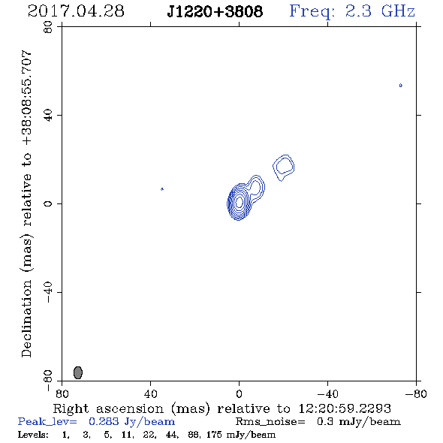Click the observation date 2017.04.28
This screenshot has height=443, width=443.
(76, 11)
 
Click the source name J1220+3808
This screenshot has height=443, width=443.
(215, 11)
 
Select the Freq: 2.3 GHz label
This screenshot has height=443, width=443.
(352, 11)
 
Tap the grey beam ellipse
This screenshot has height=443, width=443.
(78, 372)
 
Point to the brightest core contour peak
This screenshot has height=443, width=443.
(240, 202)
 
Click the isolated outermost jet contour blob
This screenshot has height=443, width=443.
(284, 167)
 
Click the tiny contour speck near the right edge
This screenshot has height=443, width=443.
(401, 86)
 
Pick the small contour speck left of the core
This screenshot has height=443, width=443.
(162, 189)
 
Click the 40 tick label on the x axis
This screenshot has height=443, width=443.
(150, 393)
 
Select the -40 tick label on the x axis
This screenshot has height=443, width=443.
(327, 393)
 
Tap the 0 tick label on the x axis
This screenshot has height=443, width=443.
(239, 393)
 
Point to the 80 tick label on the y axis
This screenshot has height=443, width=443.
(48, 27)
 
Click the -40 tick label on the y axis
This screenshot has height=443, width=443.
(48, 292)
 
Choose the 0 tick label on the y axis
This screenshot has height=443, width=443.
(48, 203)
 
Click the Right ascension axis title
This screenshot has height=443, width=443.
(221, 408)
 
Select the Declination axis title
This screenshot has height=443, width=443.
(26, 203)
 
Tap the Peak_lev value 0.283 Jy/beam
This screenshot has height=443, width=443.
(131, 422)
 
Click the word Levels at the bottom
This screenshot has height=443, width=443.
(33, 434)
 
